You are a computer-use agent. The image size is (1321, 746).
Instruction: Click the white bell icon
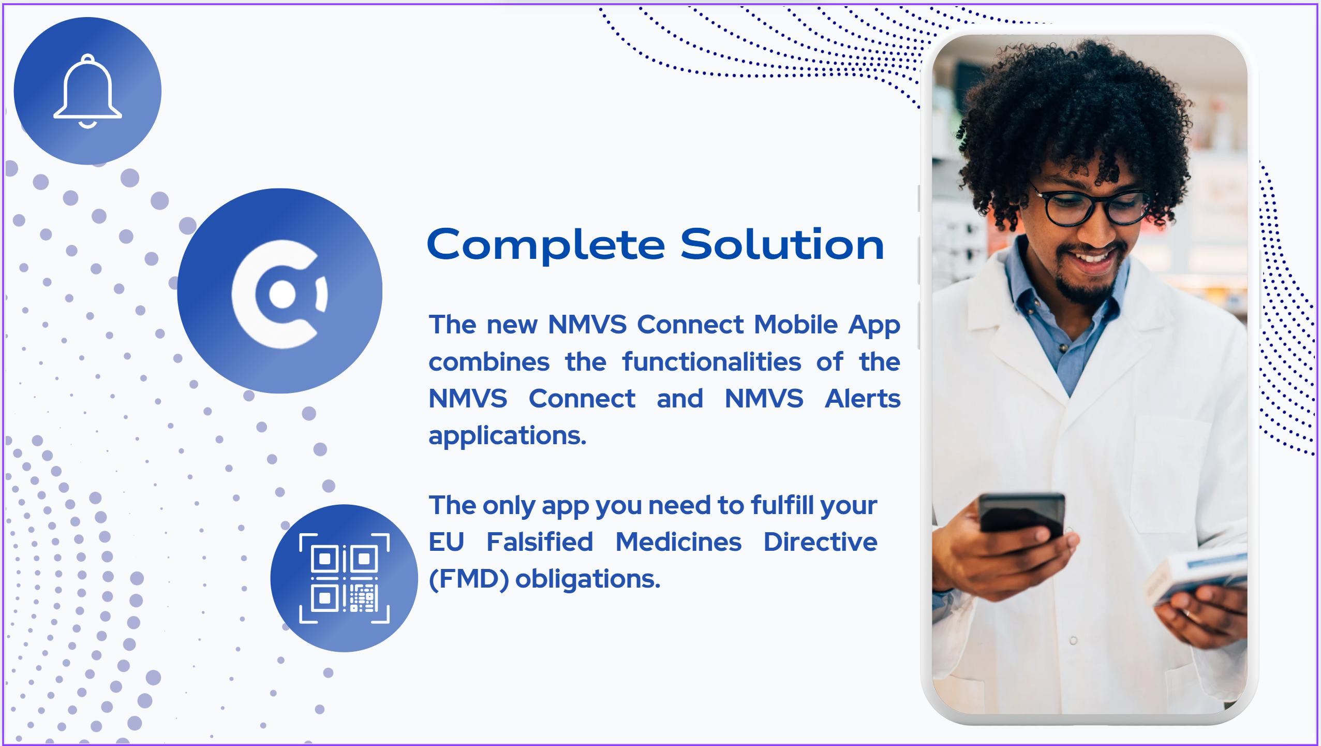click(87, 91)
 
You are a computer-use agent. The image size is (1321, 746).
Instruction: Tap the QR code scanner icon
click(344, 578)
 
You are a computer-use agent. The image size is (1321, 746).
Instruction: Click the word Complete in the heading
click(546, 246)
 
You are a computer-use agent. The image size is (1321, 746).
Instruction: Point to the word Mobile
click(796, 325)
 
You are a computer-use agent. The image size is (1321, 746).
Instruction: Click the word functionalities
click(711, 361)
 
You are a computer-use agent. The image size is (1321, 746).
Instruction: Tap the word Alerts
click(863, 399)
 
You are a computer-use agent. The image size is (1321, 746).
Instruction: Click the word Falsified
click(540, 542)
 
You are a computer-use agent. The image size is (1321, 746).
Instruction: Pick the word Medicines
click(678, 542)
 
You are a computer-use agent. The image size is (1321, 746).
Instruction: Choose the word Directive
click(820, 542)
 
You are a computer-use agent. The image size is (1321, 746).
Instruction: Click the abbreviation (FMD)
click(469, 579)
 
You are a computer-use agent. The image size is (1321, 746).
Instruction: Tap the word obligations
click(588, 579)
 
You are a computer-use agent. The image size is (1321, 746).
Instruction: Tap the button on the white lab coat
click(1073, 640)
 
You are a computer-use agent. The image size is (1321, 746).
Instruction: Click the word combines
click(489, 361)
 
